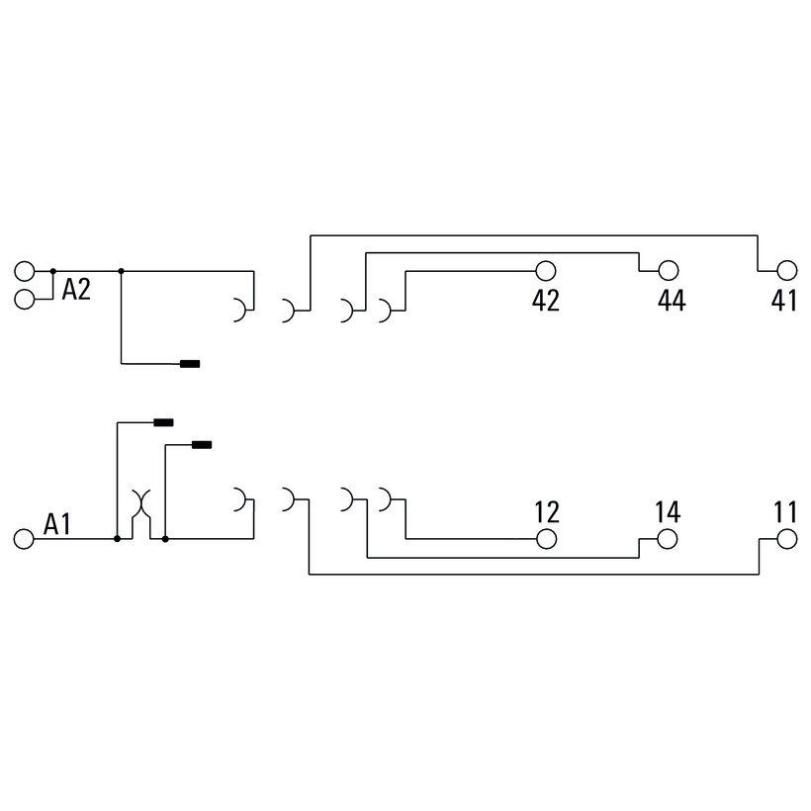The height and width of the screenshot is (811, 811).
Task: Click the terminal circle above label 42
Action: [546, 271]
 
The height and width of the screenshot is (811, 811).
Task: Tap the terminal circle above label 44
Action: [669, 271]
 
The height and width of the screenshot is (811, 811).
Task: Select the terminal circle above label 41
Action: [787, 271]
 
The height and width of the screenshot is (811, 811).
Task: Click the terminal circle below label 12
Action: [546, 539]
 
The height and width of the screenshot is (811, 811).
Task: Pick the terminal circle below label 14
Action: [668, 539]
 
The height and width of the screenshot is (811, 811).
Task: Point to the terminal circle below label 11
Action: [786, 539]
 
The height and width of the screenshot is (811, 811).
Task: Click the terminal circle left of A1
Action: [24, 539]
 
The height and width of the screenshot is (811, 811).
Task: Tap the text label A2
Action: [76, 289]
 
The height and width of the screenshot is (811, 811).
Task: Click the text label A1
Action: [57, 524]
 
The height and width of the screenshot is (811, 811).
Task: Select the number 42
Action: [546, 300]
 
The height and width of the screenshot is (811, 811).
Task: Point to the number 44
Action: [672, 300]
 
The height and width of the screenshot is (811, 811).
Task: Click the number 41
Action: [784, 300]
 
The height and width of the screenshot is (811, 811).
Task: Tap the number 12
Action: [547, 512]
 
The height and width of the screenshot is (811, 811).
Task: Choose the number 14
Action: [668, 512]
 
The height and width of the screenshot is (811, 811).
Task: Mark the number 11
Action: [785, 512]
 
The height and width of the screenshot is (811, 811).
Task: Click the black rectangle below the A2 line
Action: [190, 364]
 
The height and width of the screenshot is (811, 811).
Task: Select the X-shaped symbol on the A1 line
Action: [140, 503]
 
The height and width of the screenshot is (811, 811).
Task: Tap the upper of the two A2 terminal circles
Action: [25, 271]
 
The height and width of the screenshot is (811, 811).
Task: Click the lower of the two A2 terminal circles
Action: [25, 299]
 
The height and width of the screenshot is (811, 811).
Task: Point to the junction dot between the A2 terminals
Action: [52, 271]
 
